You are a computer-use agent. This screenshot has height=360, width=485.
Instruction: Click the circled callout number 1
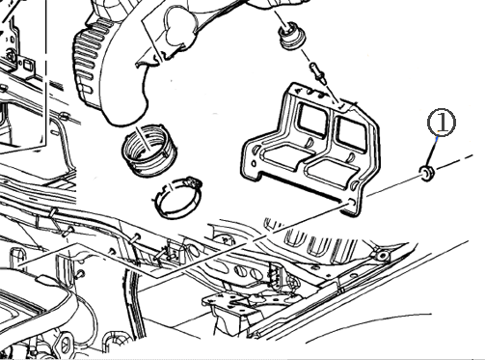point(442,123)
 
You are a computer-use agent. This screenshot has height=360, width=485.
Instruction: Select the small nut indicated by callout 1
point(427,173)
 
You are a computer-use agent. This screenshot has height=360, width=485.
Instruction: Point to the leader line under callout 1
point(432,152)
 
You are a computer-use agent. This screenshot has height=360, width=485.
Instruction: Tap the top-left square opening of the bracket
point(313,120)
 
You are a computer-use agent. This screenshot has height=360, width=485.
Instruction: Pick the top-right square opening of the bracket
point(351,132)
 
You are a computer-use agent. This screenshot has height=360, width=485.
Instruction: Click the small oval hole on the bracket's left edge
point(254,163)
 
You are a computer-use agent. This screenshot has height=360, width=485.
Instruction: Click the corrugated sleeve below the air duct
point(148,151)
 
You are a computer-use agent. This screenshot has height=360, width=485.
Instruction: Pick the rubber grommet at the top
point(292,36)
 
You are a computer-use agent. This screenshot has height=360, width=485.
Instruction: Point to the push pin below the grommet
point(317,73)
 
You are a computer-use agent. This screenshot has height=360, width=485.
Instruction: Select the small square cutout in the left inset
point(27,66)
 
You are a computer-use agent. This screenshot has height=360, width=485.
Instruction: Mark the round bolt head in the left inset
point(12,55)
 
